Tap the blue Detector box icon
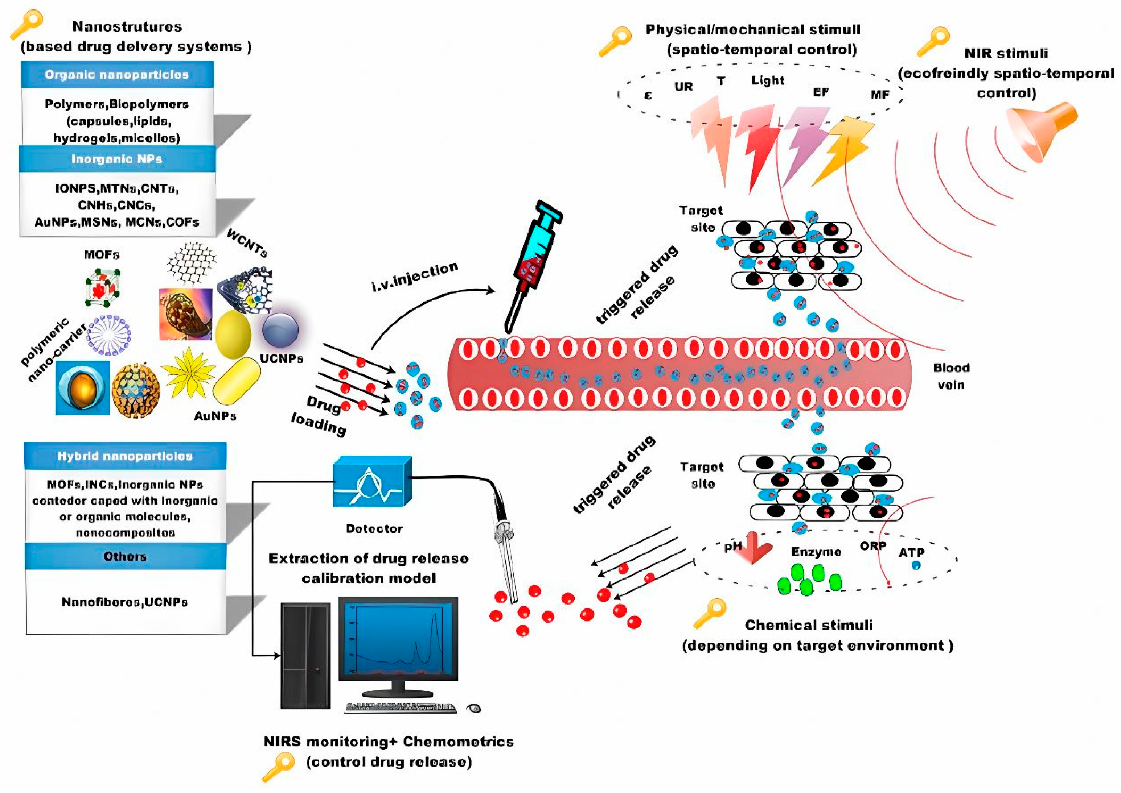(x=372, y=482)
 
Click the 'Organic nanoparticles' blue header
(x=117, y=75)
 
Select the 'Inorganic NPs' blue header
(x=117, y=159)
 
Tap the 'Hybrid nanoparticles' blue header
(x=125, y=456)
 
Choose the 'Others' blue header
(x=125, y=556)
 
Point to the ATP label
(x=911, y=553)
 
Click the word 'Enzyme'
(x=816, y=552)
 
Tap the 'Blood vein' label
(x=951, y=376)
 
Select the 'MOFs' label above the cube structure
(x=102, y=254)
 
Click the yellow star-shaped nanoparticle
(x=188, y=374)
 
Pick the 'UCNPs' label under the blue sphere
(x=281, y=358)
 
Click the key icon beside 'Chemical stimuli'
(x=710, y=614)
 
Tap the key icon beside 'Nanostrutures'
(x=26, y=24)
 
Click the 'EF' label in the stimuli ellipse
(x=821, y=92)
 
